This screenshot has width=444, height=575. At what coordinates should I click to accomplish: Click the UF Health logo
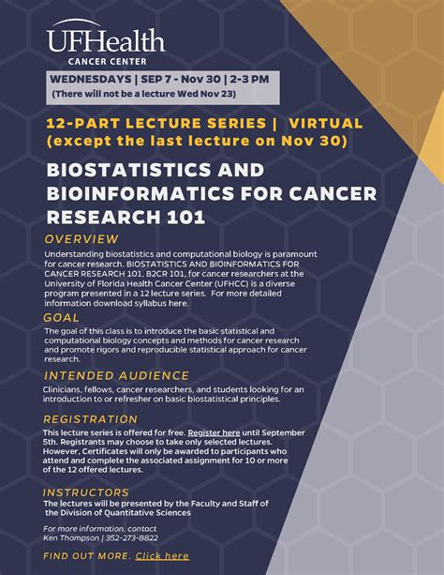[105, 38]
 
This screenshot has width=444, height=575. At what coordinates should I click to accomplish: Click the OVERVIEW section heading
[81, 238]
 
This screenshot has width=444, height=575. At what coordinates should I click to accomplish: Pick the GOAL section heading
[62, 317]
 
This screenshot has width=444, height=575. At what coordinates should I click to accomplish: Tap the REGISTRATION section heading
[91, 418]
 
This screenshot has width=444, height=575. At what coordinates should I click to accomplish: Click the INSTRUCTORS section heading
[86, 492]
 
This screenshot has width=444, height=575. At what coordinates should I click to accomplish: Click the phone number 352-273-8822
[130, 538]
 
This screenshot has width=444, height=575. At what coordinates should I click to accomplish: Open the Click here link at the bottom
[162, 556]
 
